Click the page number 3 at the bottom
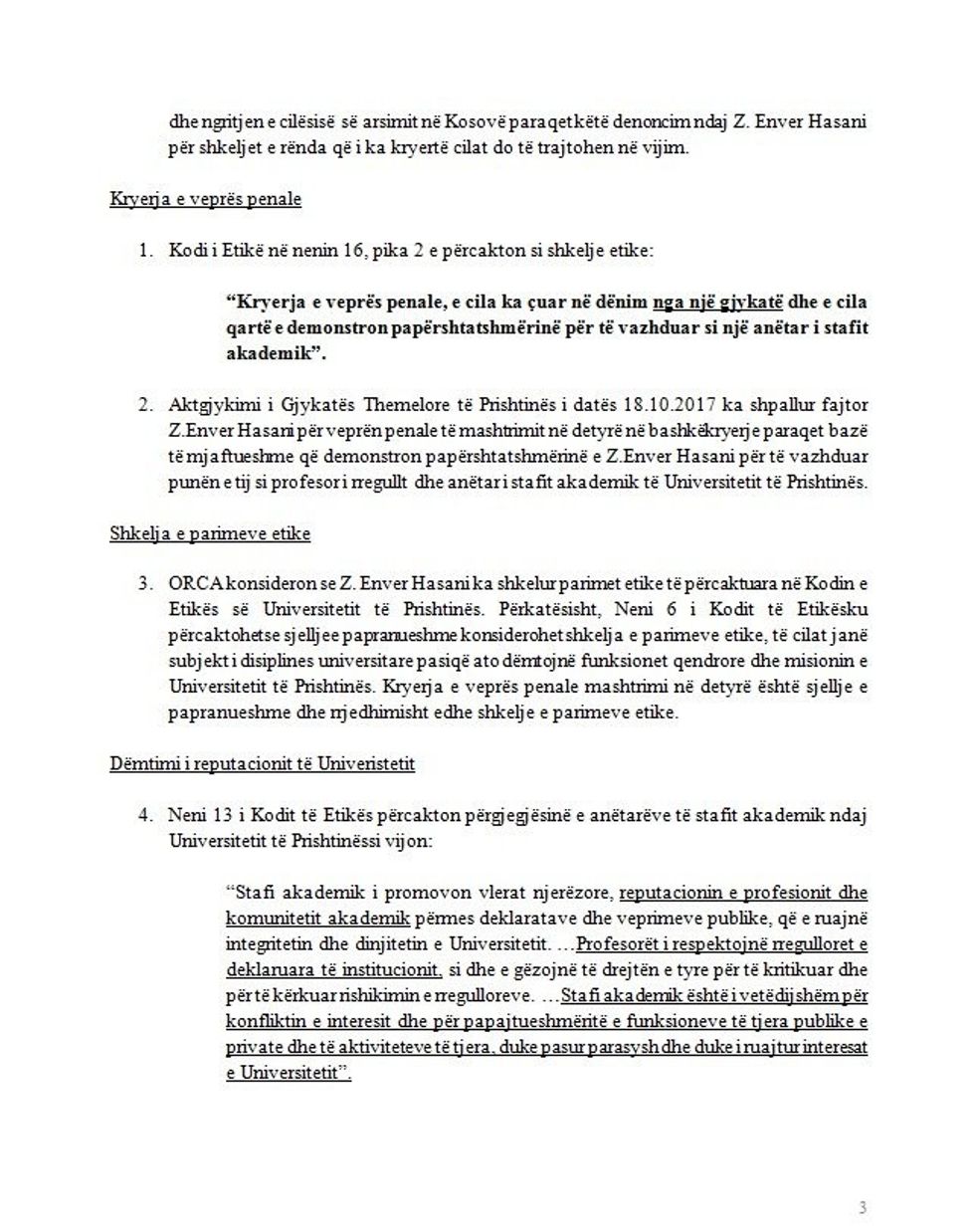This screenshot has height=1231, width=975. point(863,1180)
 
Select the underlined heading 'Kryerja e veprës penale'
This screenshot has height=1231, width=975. point(205,199)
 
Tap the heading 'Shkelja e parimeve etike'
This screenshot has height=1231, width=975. point(210,533)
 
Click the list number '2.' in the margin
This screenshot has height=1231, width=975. point(145,405)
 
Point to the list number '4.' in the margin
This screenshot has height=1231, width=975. point(145,816)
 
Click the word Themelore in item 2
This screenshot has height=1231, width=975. point(406,405)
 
